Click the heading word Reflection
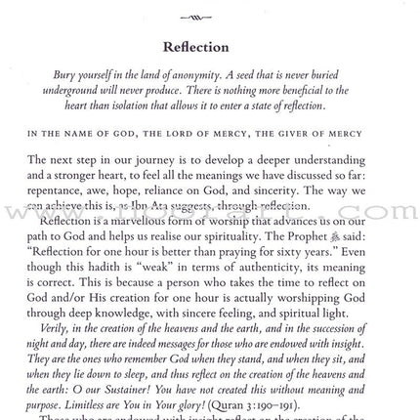(195, 47)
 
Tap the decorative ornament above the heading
(195, 17)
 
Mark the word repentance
(60, 190)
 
